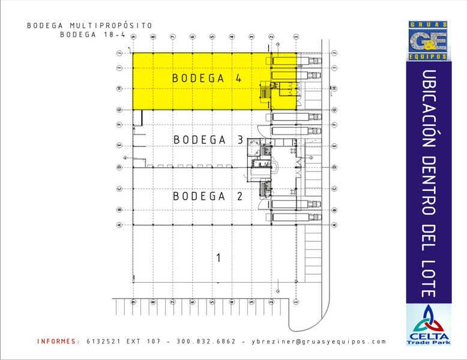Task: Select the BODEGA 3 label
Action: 208,140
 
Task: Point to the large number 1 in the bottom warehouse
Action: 218,258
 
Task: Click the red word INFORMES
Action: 58,341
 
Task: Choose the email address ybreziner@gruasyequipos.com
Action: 319,341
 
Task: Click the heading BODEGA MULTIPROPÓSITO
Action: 89,26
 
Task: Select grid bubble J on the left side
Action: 119,53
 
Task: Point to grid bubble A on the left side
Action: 119,225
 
